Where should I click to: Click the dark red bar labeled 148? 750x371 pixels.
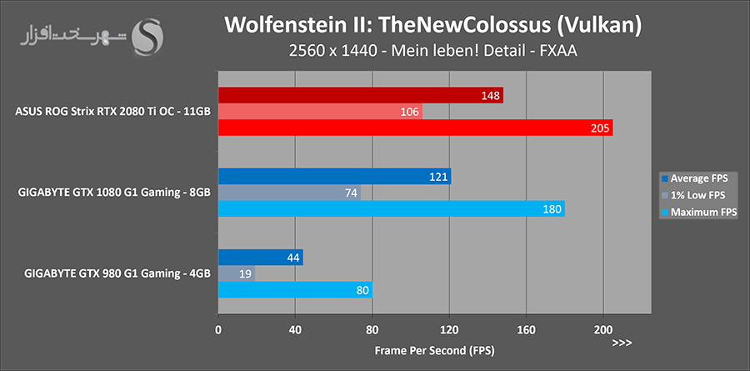pos(360,96)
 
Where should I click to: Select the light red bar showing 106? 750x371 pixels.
pos(320,112)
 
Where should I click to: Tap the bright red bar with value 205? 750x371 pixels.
pos(415,128)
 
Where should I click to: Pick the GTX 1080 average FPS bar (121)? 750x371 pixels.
pos(334,176)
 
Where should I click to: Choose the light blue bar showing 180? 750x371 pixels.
pos(391,208)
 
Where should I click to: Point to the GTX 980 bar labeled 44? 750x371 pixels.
pos(260,258)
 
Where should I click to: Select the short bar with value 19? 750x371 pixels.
pos(236,273)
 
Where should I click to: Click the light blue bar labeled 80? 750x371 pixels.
pos(295,290)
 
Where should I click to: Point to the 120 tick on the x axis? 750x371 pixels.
pos(449,328)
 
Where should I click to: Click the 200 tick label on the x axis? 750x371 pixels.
pos(603,328)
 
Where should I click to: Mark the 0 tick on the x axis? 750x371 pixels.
pos(218,328)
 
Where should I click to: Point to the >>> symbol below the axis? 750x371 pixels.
pos(622,343)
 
